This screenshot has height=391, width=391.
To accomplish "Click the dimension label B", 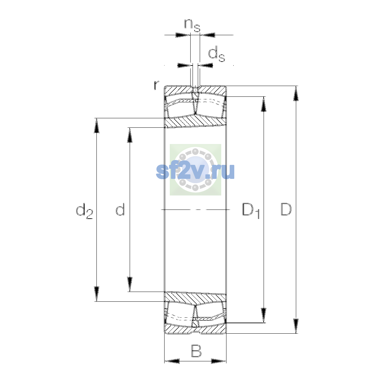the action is point(196,351).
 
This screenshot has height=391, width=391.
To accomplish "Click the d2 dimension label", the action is point(84,211).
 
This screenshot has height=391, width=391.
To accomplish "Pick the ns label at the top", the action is point(192,25).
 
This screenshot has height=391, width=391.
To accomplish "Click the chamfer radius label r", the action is point(156,85).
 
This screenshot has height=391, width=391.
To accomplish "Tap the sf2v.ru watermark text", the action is point(195,172).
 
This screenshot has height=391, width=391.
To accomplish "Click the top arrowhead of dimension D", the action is point(296,93).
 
